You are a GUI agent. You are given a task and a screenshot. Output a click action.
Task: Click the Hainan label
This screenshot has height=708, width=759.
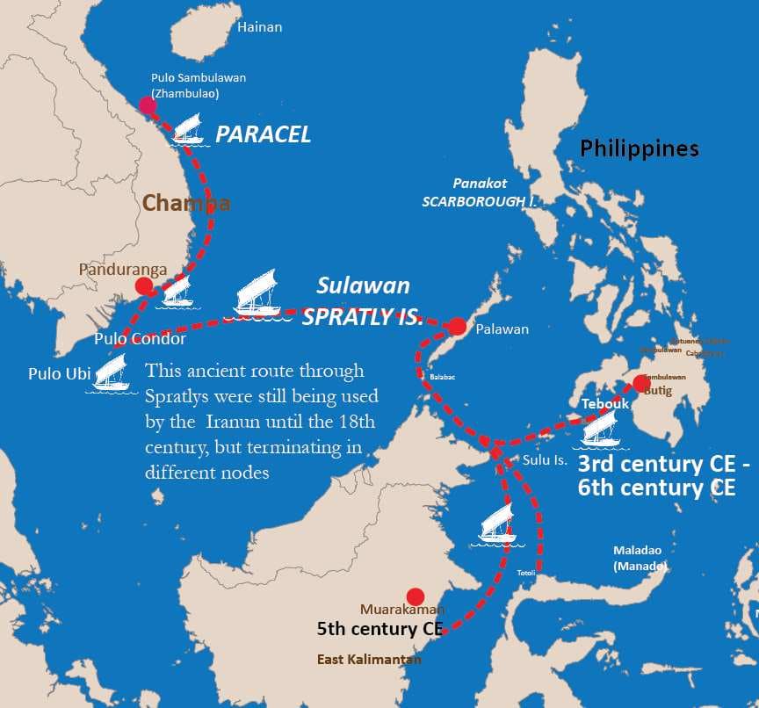tap(260, 27)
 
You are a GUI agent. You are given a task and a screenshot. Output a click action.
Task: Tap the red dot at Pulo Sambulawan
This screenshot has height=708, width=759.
tap(148, 105)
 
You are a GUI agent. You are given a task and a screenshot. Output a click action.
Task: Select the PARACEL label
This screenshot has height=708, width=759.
tap(264, 134)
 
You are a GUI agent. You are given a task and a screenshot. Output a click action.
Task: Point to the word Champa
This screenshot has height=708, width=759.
tap(186, 204)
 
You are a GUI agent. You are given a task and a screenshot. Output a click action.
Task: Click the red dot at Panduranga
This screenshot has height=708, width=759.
tap(143, 286)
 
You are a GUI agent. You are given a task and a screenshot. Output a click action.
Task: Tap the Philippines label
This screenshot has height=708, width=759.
tap(640, 148)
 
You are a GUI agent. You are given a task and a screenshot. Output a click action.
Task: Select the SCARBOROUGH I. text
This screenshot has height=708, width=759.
tap(479, 201)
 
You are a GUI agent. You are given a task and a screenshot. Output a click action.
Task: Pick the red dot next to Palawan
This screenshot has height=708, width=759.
tap(457, 327)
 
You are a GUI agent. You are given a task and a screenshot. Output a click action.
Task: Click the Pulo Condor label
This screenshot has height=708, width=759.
tap(141, 339)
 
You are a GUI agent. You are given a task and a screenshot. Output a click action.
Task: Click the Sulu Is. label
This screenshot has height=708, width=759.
tap(546, 459)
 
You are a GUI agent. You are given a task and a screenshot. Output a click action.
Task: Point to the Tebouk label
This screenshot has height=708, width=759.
tap(604, 403)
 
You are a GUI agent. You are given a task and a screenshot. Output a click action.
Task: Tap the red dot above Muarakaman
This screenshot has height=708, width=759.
tap(416, 596)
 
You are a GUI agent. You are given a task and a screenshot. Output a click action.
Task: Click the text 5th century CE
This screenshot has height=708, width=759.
tap(379, 629)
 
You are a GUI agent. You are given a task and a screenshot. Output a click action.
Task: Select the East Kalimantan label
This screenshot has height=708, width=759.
tap(369, 659)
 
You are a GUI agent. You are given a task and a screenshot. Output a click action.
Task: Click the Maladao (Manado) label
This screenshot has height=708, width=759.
tap(639, 558)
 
